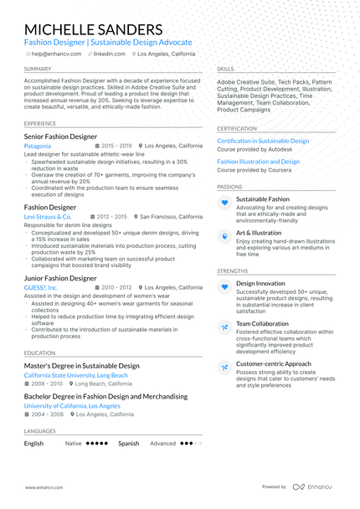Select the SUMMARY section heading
(38, 69)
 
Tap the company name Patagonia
(38, 146)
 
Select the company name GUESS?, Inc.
(41, 287)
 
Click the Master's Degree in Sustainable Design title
(82, 366)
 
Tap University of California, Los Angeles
(78, 405)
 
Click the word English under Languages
(33, 444)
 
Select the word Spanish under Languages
(128, 444)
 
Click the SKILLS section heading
(225, 69)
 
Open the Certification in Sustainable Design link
(263, 141)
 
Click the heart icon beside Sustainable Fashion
(224, 203)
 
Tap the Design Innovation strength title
(260, 283)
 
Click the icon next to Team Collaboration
(224, 326)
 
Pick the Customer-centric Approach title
(274, 364)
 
